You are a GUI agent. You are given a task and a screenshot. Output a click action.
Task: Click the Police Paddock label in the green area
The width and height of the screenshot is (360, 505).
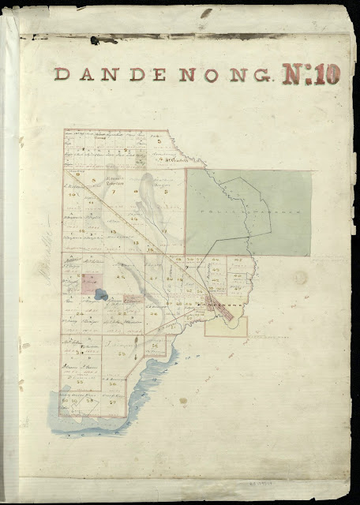pos(250,213)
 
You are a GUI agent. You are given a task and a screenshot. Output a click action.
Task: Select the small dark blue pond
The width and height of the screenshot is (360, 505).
pos(100,294)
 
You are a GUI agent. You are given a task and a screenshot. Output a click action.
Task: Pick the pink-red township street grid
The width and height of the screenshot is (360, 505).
pos(223,310)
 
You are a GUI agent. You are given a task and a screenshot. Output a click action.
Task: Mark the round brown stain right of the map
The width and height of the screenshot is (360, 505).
pos(299,278)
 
